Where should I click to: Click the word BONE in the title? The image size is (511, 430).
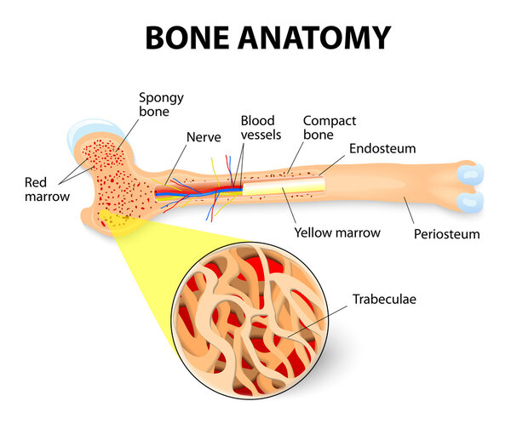click(190, 37)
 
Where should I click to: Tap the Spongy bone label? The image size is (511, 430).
click(160, 104)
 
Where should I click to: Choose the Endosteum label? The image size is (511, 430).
click(383, 148)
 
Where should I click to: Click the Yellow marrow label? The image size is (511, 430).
click(336, 232)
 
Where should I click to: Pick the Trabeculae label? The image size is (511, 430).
click(386, 300)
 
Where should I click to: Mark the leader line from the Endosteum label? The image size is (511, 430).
click(336, 165)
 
